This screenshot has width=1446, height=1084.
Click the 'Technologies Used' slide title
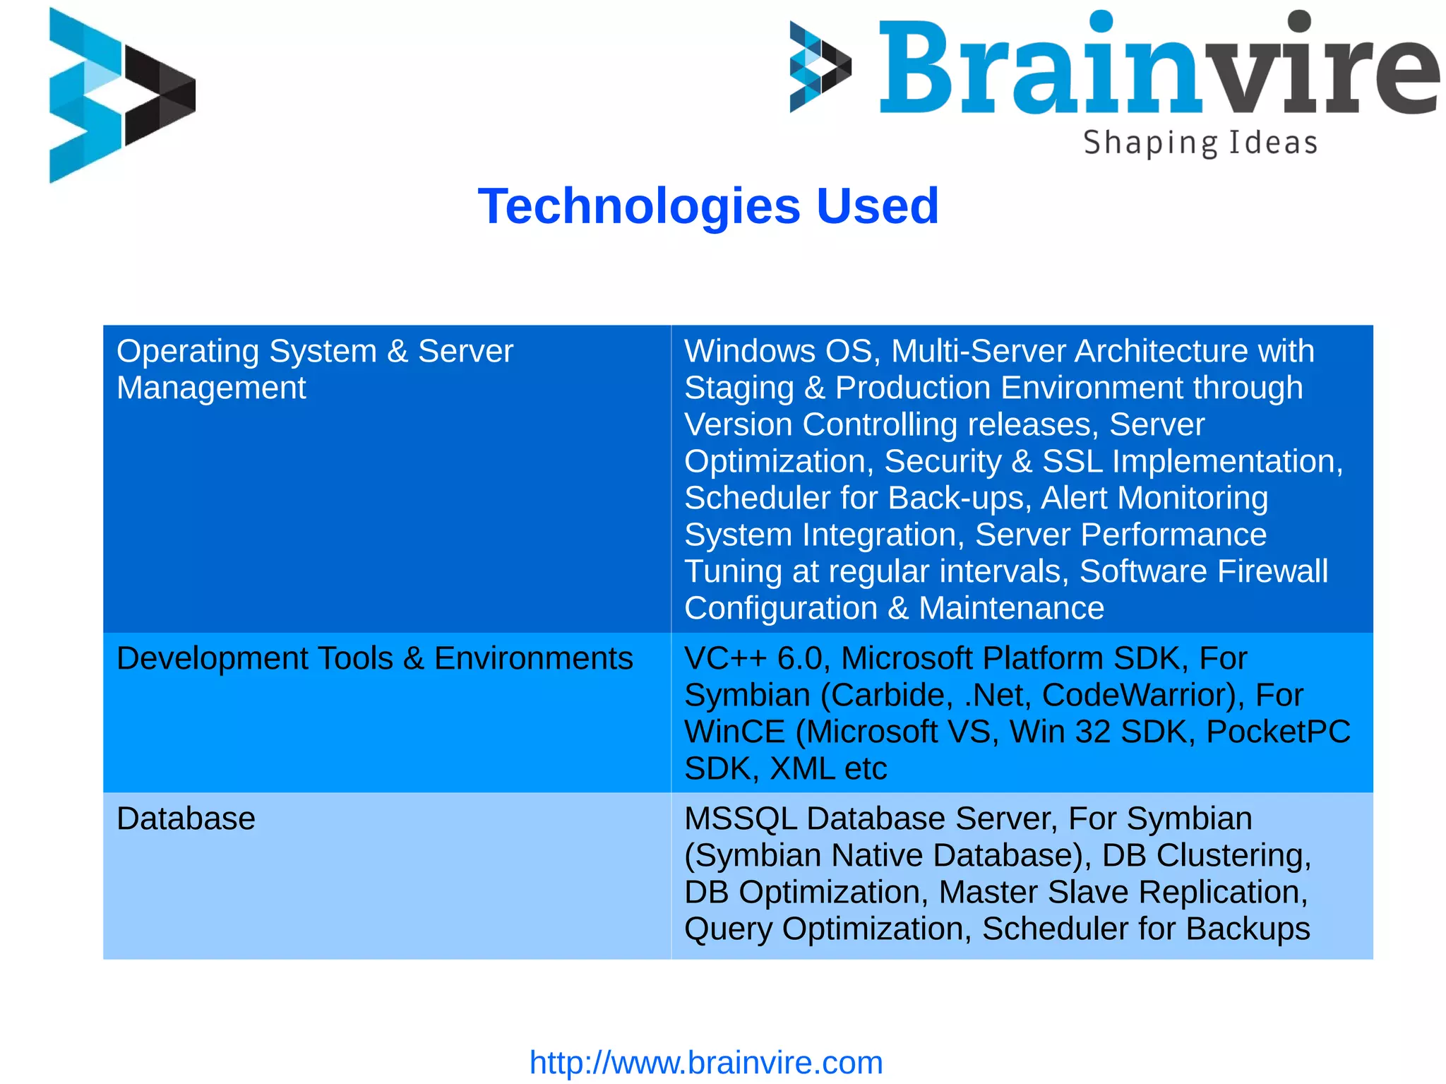[708, 206]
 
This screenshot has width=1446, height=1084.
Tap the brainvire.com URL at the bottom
[706, 1062]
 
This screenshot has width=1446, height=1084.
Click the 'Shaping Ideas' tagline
[1200, 143]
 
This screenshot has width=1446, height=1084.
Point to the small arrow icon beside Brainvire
[819, 66]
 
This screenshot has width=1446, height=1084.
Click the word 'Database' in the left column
[186, 818]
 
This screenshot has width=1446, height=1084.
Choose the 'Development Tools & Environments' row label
[374, 658]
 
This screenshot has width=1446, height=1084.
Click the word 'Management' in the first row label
[211, 388]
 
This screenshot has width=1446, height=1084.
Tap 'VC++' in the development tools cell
[725, 658]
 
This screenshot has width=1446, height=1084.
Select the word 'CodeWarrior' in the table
[1138, 695]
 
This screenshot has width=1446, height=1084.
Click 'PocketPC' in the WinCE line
[1278, 732]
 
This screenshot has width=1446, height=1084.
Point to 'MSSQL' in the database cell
[740, 818]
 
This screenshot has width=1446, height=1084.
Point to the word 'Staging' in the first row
[739, 388]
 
